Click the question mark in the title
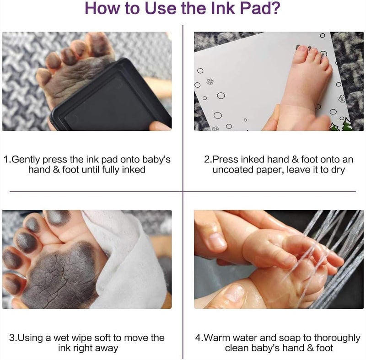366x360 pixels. click(275, 8)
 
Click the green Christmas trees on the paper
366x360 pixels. click(341, 125)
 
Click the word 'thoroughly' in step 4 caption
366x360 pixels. click(337, 338)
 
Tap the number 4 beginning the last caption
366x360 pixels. click(198, 338)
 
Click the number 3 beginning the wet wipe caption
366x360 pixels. click(12, 338)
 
